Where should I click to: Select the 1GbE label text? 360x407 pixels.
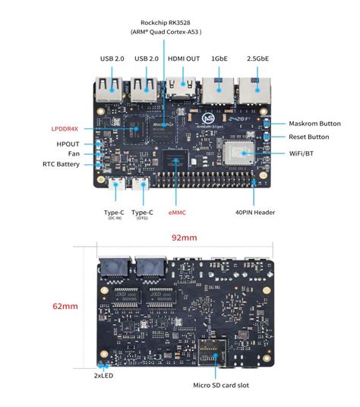219,59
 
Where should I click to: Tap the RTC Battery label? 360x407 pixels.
61,164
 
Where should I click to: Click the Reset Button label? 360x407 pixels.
309,137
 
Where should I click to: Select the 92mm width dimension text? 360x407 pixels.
184,238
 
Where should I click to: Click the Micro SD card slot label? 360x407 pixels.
221,385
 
